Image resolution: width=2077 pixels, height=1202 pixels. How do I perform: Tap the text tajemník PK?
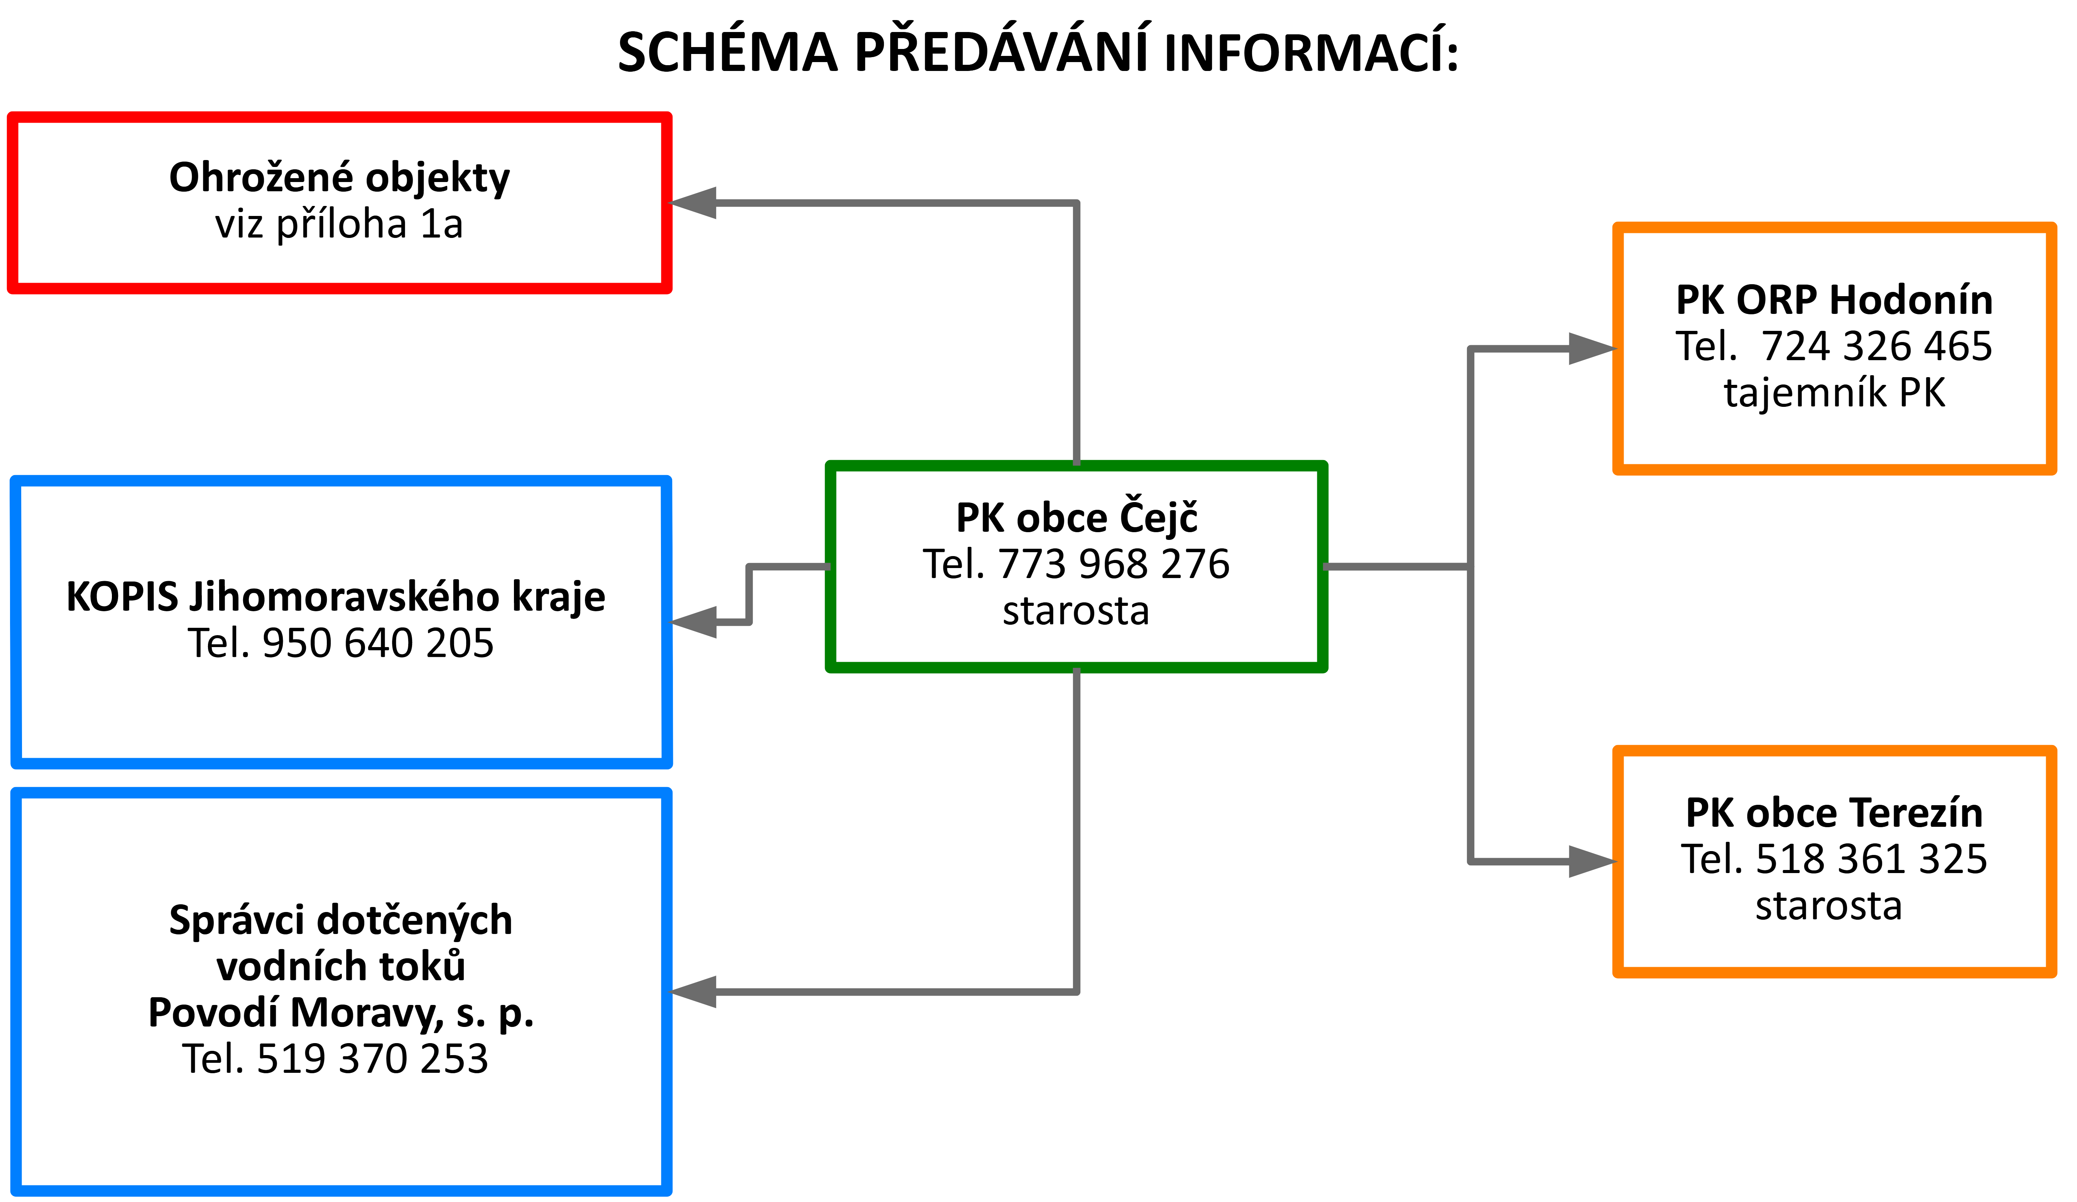coord(1835,393)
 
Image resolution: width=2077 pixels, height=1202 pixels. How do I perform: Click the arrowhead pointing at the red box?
coord(692,203)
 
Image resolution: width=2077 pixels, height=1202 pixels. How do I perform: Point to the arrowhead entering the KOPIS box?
coord(692,622)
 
